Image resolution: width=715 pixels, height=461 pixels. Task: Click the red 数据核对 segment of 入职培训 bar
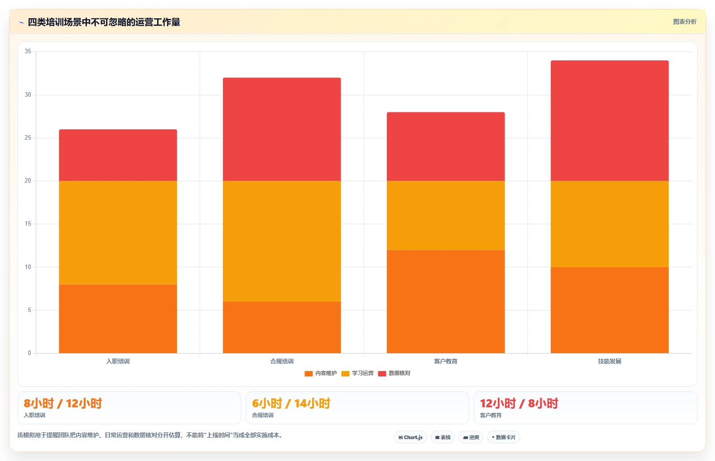pyautogui.click(x=118, y=155)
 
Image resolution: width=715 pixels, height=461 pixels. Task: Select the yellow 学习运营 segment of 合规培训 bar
pyautogui.click(x=282, y=241)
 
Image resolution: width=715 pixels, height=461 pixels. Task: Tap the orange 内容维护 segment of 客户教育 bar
pyautogui.click(x=445, y=302)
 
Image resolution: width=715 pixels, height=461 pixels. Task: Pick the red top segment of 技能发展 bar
pyautogui.click(x=609, y=120)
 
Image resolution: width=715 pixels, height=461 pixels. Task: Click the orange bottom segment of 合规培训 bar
pyautogui.click(x=282, y=327)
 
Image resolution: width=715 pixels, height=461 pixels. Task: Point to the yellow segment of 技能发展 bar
pyautogui.click(x=609, y=224)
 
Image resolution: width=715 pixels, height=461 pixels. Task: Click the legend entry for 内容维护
pyautogui.click(x=321, y=373)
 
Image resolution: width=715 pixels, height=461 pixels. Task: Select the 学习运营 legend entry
pyautogui.click(x=357, y=373)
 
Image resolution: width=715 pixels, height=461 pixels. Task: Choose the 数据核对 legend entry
pyautogui.click(x=394, y=373)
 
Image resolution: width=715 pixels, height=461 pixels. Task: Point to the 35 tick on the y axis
pyautogui.click(x=28, y=51)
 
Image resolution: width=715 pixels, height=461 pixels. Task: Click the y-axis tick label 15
pyautogui.click(x=28, y=224)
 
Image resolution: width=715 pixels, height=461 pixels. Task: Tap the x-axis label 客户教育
pyautogui.click(x=445, y=361)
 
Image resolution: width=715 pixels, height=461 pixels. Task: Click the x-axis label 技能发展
pyautogui.click(x=609, y=361)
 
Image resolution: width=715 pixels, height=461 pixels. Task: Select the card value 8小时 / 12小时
pyautogui.click(x=63, y=404)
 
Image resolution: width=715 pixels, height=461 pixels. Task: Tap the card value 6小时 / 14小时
pyautogui.click(x=291, y=404)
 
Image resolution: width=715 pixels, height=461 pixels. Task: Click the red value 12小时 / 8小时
pyautogui.click(x=519, y=404)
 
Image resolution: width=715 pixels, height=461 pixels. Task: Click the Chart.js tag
pyautogui.click(x=411, y=437)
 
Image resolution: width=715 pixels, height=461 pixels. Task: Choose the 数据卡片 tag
pyautogui.click(x=503, y=437)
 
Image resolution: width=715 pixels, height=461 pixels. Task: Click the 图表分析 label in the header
pyautogui.click(x=685, y=21)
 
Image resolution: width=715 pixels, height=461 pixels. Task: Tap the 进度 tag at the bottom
pyautogui.click(x=471, y=437)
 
